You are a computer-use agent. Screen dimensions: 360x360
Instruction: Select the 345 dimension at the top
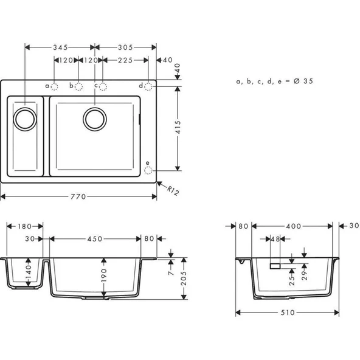[60, 47]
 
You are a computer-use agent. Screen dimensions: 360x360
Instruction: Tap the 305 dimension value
[126, 47]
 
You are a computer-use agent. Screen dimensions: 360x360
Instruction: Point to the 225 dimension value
[126, 60]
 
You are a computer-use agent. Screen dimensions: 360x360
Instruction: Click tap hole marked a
[54, 87]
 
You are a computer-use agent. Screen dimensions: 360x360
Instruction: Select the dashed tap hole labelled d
[148, 87]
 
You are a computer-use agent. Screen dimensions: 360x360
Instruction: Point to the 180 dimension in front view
[25, 226]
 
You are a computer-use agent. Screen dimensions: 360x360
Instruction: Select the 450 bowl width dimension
[95, 239]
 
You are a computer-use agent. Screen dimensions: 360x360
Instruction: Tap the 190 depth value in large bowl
[103, 275]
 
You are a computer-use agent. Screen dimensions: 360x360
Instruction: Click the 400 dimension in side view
[294, 226]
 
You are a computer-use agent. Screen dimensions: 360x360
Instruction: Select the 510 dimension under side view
[288, 313]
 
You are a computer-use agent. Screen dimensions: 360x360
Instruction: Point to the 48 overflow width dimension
[275, 239]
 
